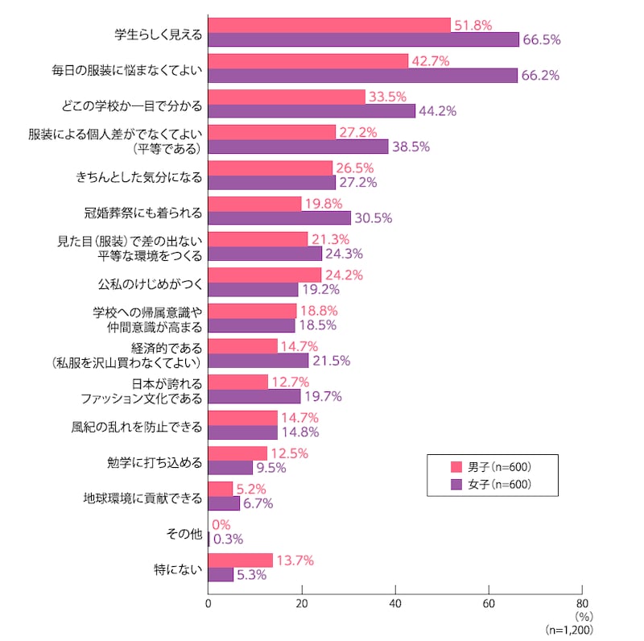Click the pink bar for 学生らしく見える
[329, 25]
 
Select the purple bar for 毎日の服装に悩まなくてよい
[362, 75]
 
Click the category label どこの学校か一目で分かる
[142, 105]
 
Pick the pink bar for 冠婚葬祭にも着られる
[254, 204]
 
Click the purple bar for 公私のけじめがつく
[253, 289]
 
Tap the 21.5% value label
[331, 361]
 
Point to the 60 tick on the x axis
[489, 603]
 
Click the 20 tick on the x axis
[302, 603]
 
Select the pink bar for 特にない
[240, 560]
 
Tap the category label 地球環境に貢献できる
[142, 497]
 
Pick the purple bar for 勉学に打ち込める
[230, 467]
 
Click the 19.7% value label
[323, 396]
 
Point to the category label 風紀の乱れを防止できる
[137, 425]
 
